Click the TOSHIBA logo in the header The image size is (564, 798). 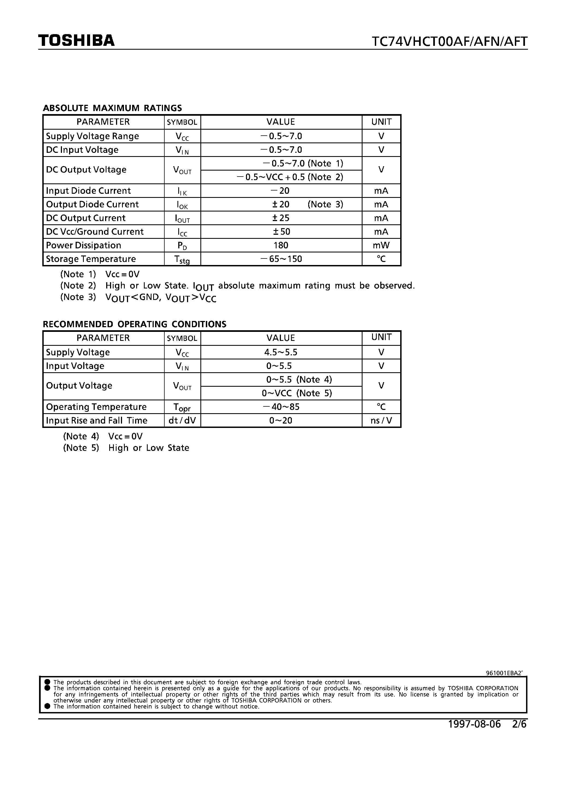click(x=76, y=41)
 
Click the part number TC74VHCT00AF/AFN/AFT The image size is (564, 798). click(x=449, y=42)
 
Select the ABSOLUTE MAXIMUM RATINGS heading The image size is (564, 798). click(x=112, y=108)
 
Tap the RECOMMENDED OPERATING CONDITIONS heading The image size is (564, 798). click(x=134, y=324)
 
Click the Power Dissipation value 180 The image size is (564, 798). click(x=281, y=245)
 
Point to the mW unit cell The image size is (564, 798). click(x=381, y=245)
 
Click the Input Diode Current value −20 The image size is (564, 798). click(x=280, y=191)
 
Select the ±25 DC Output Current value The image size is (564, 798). click(x=281, y=218)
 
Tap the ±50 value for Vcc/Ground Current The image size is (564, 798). click(x=281, y=232)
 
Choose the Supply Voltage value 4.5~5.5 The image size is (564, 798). click(x=281, y=352)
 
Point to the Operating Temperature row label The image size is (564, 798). click(x=96, y=407)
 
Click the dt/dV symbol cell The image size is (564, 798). click(x=182, y=421)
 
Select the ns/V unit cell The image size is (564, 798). click(x=381, y=421)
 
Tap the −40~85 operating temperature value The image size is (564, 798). click(x=281, y=407)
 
